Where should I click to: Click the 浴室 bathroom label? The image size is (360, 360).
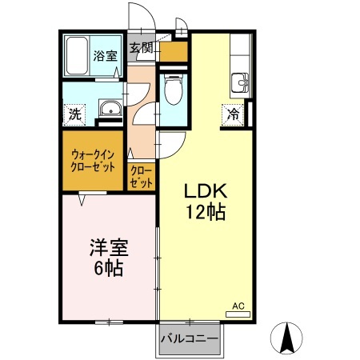105,56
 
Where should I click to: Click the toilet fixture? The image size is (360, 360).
172,89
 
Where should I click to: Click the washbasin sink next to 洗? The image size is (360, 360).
108,110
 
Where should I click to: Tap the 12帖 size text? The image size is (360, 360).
206,213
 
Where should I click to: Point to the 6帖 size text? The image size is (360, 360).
106,269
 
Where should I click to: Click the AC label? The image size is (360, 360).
238,305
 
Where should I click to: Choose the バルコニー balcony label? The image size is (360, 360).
190,339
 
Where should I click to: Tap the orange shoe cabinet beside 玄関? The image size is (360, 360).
174,51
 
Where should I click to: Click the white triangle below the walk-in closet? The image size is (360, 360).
82,201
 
